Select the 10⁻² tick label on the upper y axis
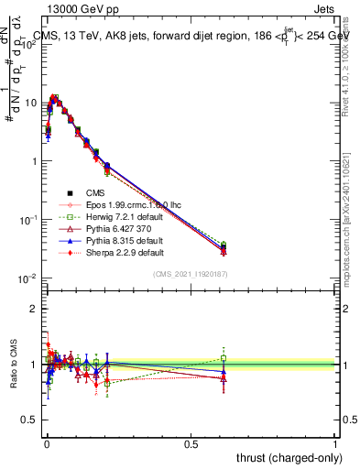(28, 278)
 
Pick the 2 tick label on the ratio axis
(35, 309)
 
